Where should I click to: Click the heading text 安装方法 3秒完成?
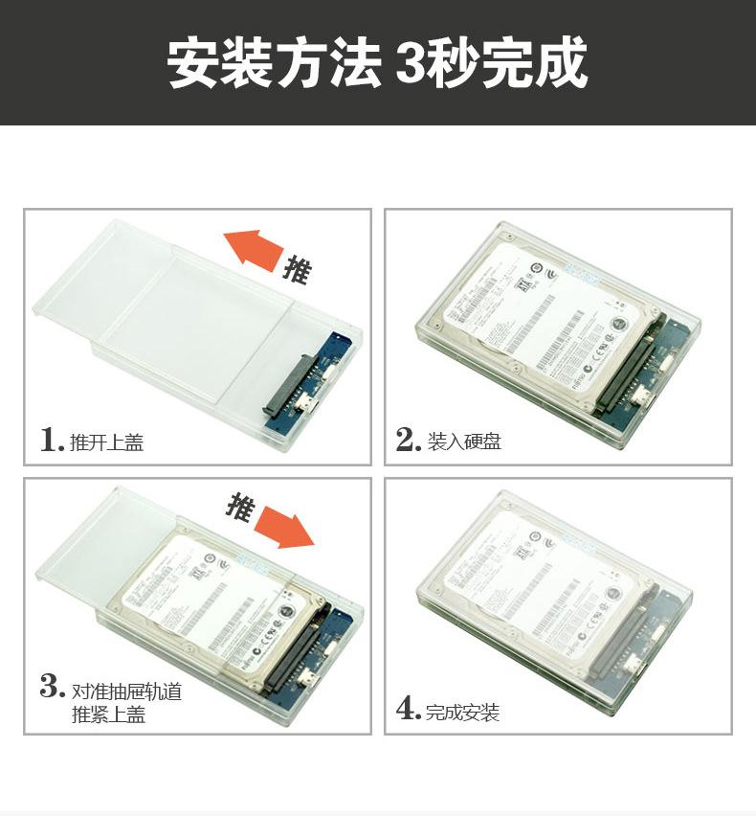[x=377, y=63]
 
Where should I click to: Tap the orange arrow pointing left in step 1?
[x=254, y=250]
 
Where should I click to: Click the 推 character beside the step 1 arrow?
[x=297, y=270]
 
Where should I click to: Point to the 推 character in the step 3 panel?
[x=241, y=505]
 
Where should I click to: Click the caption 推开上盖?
[x=106, y=442]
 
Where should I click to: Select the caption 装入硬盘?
[x=464, y=442]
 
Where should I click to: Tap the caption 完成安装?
[x=463, y=713]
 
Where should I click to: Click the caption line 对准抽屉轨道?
[x=126, y=691]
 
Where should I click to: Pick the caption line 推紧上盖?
[x=108, y=714]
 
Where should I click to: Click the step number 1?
[x=51, y=440]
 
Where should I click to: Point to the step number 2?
[x=409, y=440]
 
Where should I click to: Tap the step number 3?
[x=52, y=688]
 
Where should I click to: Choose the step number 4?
[x=409, y=711]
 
